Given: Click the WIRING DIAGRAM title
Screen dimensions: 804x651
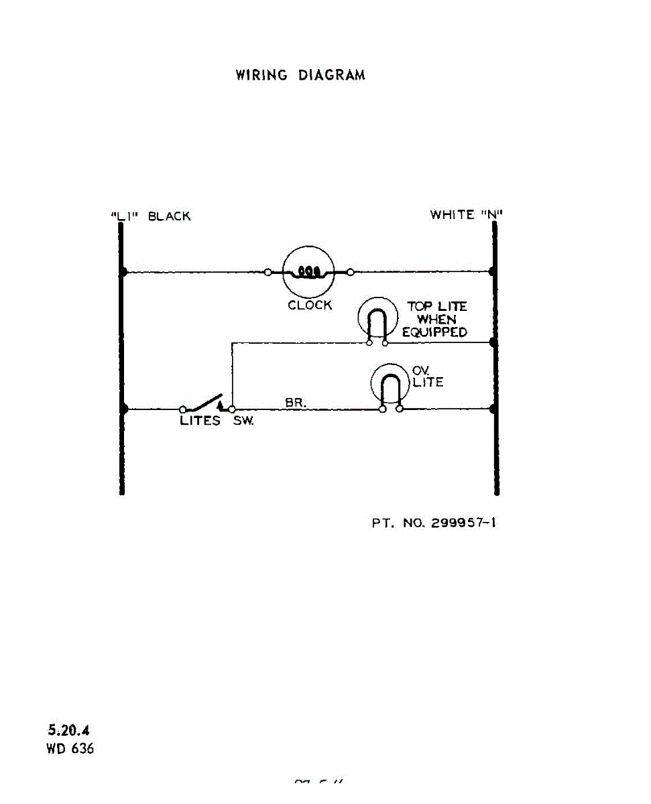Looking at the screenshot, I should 300,75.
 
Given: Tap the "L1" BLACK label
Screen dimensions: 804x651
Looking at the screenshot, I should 150,216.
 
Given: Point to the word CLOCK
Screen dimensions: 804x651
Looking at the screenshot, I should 310,306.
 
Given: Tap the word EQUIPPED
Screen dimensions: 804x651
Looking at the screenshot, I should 434,332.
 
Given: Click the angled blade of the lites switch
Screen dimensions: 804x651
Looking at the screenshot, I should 204,401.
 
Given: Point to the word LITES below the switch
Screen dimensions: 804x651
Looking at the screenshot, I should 200,421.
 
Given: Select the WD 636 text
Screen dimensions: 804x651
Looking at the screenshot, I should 70,748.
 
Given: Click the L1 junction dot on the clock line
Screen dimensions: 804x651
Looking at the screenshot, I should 123,272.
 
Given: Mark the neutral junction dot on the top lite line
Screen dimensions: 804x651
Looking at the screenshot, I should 494,342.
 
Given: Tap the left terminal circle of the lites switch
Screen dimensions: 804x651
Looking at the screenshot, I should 183,409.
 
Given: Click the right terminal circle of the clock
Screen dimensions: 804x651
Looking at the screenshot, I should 351,272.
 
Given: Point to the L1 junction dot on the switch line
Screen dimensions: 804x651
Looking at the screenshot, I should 123,408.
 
